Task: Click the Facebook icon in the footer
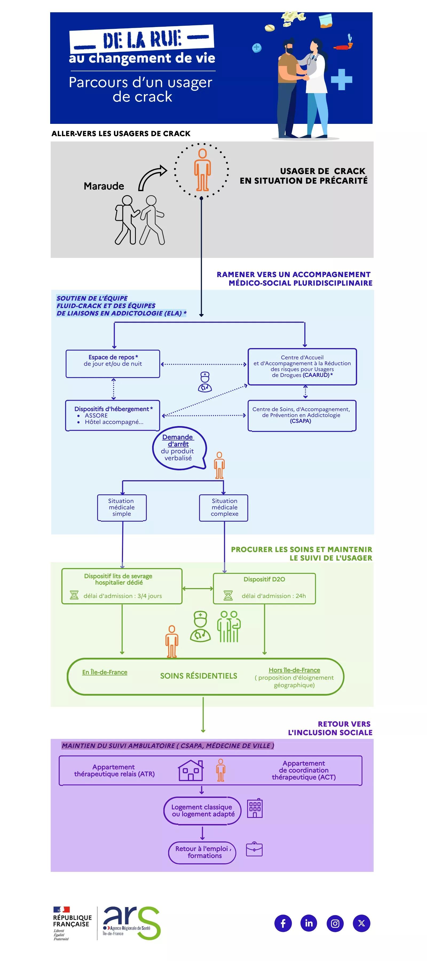(x=283, y=923)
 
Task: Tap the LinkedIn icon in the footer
(x=309, y=923)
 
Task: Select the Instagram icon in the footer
(x=335, y=923)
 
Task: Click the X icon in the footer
(x=361, y=923)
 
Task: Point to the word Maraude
(x=104, y=186)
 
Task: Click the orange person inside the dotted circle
(x=202, y=170)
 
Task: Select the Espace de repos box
(x=113, y=364)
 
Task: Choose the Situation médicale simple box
(x=122, y=507)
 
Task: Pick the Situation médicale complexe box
(x=224, y=507)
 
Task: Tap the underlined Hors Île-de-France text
(x=294, y=670)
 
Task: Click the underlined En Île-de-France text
(x=105, y=672)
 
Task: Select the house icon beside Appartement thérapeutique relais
(x=191, y=771)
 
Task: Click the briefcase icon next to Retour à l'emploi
(x=254, y=849)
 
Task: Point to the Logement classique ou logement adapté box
(x=203, y=811)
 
